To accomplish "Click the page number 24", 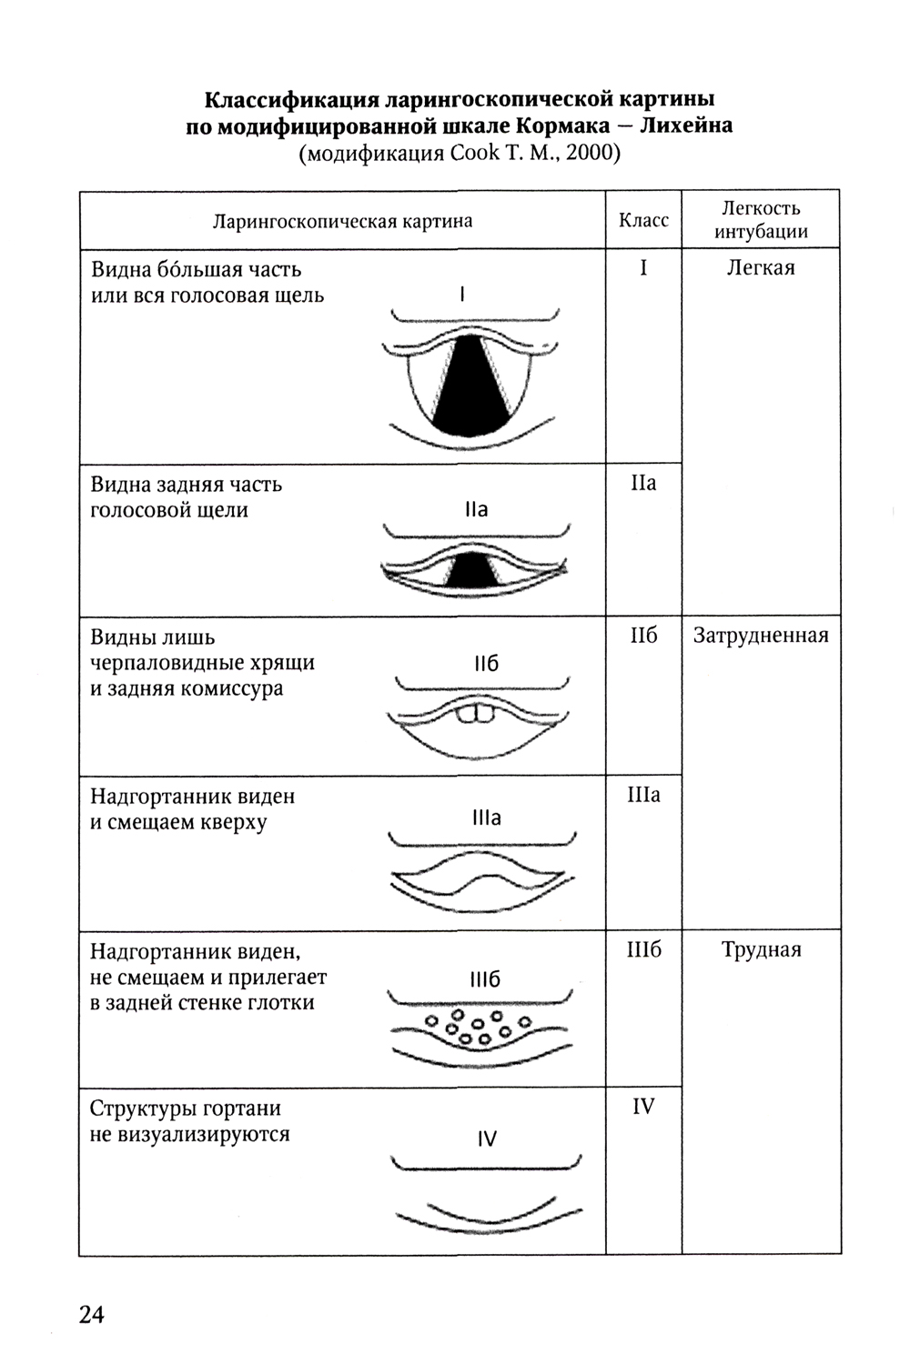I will [92, 1315].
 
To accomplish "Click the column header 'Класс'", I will [643, 220].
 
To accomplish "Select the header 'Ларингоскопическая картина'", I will [342, 221].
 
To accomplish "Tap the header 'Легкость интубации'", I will [761, 219].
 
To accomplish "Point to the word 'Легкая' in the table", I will [761, 267].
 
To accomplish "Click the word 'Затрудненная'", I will [761, 635].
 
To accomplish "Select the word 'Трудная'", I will [761, 950].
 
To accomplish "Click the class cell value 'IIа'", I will [643, 483].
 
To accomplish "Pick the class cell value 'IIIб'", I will [643, 950].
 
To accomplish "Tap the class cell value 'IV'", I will [643, 1107].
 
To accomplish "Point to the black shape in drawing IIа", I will [470, 572].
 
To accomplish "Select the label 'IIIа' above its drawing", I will [487, 817].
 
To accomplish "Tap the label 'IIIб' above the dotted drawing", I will [486, 979].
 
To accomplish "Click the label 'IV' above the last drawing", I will [487, 1138].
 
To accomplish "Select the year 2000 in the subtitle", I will [592, 152].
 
